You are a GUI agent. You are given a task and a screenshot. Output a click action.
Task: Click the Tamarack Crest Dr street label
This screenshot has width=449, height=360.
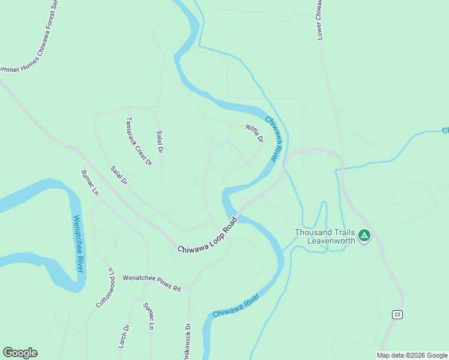point(139,142)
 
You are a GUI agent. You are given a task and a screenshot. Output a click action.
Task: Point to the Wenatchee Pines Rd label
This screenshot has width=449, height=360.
point(152,283)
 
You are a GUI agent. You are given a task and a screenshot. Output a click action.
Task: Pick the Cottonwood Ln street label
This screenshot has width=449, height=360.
point(105,288)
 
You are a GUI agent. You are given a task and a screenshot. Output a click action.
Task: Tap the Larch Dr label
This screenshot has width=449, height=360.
point(124,336)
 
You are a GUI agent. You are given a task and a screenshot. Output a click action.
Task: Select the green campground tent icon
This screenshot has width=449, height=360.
point(364,236)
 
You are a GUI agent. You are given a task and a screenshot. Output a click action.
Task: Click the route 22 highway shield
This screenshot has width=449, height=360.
point(397,314)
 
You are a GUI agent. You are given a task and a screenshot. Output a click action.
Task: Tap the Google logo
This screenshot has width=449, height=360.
point(20,353)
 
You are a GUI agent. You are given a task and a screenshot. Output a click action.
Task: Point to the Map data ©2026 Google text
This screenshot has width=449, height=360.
point(412,355)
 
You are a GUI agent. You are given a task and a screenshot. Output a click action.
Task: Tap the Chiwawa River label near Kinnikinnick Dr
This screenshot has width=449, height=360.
point(235,305)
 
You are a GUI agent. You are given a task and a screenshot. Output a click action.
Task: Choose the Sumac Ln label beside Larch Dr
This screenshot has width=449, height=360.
point(149,316)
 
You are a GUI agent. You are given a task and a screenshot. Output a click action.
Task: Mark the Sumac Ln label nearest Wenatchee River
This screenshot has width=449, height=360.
point(90,183)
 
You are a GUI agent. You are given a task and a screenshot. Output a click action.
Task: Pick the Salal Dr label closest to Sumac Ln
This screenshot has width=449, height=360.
point(119,175)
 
